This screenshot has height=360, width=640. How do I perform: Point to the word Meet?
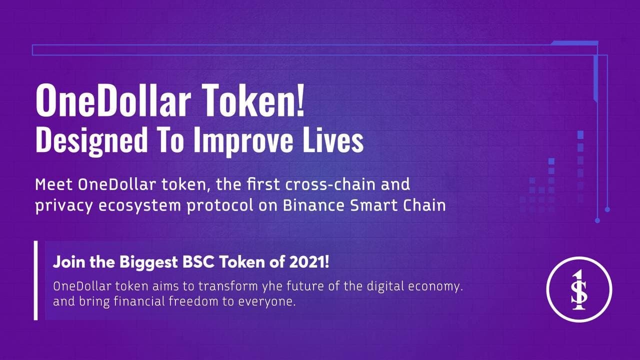(53, 184)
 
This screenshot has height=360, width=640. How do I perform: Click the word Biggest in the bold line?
(148, 262)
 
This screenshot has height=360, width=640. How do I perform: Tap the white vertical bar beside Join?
(35, 280)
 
